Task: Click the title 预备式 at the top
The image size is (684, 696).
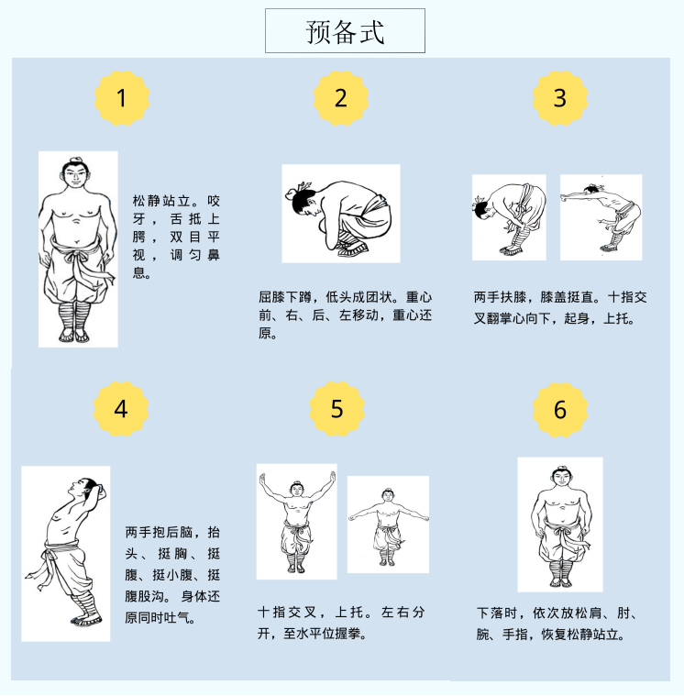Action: coord(345,32)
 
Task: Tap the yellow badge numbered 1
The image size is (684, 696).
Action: coord(122,97)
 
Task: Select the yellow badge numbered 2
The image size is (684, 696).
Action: coord(341,97)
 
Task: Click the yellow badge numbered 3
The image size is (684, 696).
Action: coord(560,97)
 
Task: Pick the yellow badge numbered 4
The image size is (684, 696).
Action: coord(121,409)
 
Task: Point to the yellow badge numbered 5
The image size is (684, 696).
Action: coord(337,409)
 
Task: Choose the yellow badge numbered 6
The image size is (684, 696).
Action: coord(560,409)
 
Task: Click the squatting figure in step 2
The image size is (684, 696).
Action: coord(339,217)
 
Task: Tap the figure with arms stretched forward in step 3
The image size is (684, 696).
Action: coord(601,218)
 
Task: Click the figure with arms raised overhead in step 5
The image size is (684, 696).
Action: coord(297,522)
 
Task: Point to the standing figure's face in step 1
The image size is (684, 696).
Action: coord(76,175)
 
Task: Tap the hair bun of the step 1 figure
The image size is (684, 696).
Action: coord(76,160)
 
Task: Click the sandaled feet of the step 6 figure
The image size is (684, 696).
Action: coord(560,581)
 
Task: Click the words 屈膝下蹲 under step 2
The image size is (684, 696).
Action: coord(284,297)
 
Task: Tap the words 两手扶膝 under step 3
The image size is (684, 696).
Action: coord(500,297)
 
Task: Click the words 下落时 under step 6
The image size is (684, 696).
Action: coord(497,613)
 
